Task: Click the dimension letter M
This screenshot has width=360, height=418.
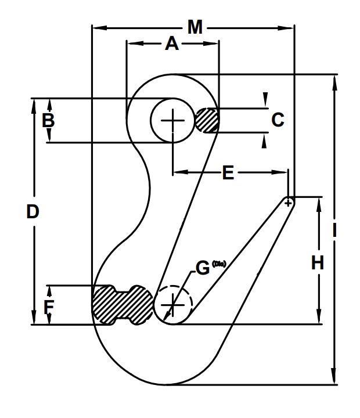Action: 195,27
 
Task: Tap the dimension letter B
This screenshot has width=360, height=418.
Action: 49,121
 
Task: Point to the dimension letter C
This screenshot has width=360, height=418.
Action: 278,120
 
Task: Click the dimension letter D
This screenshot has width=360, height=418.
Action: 33,212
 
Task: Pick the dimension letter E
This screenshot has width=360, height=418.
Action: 229,172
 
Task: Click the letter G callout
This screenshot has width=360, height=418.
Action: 202,268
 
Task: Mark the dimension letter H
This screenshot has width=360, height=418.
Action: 317,263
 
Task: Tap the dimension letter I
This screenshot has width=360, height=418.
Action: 334,230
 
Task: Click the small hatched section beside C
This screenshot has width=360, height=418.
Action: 206,120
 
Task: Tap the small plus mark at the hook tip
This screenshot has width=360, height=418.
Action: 288,201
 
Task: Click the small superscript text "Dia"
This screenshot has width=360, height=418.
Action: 219,264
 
